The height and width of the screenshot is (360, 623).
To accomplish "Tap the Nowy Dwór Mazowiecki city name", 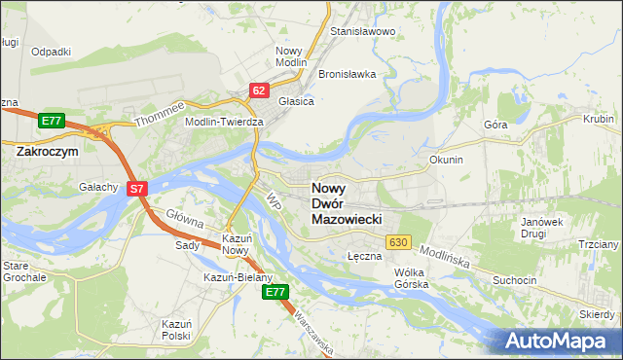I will tap(353, 204).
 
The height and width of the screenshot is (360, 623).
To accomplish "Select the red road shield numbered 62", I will tap(258, 90).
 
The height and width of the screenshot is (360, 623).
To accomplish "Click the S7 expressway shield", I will tap(137, 190).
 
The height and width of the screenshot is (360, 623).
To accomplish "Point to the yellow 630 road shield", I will tap(397, 241).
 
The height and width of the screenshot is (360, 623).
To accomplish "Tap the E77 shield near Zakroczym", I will tap(52, 120).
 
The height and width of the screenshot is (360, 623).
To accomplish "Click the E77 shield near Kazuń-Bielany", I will tap(276, 291).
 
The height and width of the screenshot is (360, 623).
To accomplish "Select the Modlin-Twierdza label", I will tap(225, 122).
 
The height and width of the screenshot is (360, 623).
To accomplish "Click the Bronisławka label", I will tap(347, 74).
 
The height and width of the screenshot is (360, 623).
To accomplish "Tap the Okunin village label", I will tap(445, 159).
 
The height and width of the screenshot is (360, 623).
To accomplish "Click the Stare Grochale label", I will tap(23, 270).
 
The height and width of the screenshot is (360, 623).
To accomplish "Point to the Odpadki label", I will tap(52, 52).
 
